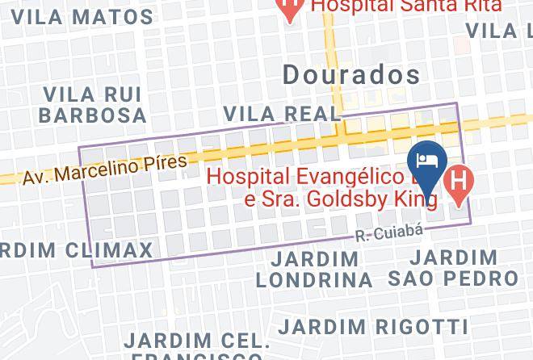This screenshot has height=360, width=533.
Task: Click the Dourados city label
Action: point(352,75)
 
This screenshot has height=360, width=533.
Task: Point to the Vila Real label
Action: point(280,113)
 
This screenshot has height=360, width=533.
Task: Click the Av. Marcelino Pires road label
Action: point(105,169)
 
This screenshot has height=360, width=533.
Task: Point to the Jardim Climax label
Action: point(77,249)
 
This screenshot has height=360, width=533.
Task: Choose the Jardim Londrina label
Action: point(314,270)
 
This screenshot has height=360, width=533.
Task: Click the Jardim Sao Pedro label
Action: point(453,268)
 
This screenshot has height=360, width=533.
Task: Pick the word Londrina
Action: point(314,280)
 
